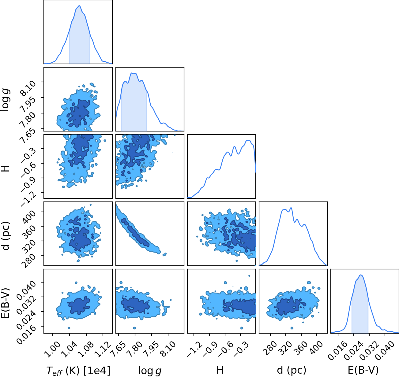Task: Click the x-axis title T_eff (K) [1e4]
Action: [78, 370]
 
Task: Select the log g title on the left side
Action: [5, 100]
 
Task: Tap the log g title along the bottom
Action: [150, 371]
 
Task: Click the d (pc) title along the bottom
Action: [292, 370]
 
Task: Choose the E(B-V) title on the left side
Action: [6, 303]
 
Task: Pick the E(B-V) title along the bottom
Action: [363, 370]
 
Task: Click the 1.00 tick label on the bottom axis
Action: [52, 349]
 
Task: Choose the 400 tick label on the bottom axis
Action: [317, 348]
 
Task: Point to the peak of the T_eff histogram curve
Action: [80, 6]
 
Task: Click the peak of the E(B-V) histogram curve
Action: [361, 275]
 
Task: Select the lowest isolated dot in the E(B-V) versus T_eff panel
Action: [69, 328]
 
